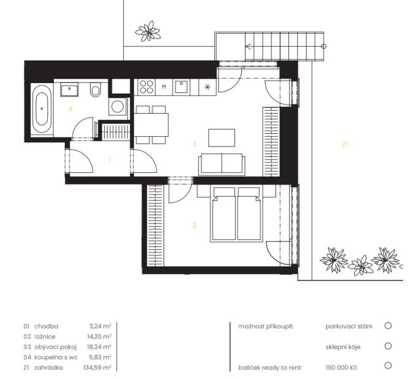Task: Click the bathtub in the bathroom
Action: pos(42,109)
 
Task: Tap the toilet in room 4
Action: pos(95,90)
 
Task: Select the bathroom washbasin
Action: pos(69,90)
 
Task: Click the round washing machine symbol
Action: pos(118,106)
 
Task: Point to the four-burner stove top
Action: pos(146,87)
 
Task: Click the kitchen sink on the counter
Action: pos(181,87)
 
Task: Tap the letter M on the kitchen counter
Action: pos(164,87)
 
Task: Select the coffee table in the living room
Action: pos(222,138)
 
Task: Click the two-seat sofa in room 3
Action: pos(222,164)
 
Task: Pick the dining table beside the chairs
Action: pos(151,125)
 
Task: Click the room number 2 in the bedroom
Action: pos(195,225)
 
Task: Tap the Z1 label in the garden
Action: pos(345,144)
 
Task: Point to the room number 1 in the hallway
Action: pos(110,160)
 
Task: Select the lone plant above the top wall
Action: pos(148,32)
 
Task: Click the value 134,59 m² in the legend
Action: pos(97,367)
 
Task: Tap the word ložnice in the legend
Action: pos(45,337)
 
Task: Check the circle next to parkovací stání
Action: pos(388,326)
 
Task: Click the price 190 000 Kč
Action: pos(341,367)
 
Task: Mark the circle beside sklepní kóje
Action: pos(388,346)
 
